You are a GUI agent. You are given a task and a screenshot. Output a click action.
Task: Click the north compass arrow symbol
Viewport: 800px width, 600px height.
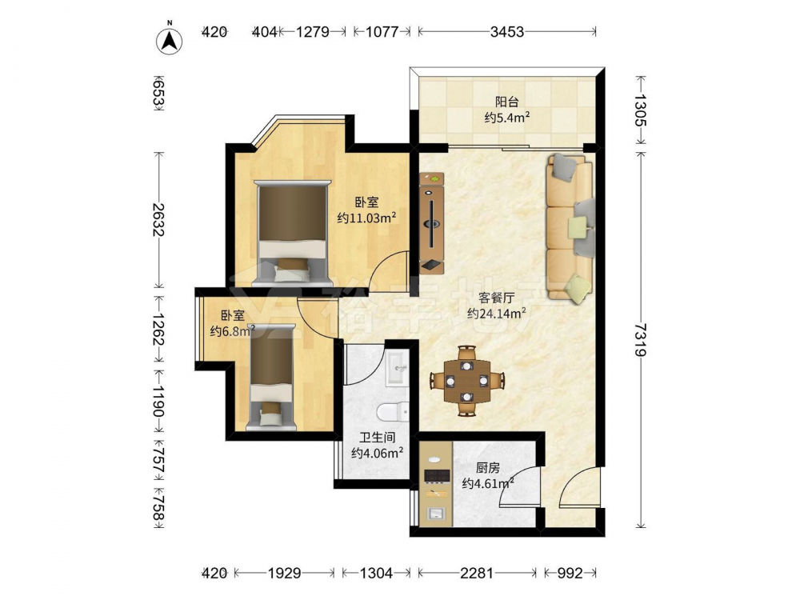170,39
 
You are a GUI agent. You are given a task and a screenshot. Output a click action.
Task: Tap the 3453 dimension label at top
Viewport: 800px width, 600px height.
506,32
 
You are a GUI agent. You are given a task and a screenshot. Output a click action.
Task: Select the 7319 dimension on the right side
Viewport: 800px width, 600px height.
641,339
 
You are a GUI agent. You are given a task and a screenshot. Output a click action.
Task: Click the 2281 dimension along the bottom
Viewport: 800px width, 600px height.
477,574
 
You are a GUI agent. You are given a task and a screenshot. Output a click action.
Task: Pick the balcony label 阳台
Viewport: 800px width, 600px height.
506,102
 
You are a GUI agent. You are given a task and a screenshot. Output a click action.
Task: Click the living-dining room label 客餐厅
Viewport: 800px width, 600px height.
496,298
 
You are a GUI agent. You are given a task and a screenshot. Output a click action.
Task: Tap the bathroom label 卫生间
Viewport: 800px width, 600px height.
378,438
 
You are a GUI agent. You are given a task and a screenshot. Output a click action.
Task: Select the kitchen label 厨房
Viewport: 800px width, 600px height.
487,467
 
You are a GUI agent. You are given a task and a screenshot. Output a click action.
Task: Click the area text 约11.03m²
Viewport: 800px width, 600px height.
367,218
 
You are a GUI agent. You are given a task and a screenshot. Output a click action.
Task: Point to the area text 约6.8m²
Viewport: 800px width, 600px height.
233,331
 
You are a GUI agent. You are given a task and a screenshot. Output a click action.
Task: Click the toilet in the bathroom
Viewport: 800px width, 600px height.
394,410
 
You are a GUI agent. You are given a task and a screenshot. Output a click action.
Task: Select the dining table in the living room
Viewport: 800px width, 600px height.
466,381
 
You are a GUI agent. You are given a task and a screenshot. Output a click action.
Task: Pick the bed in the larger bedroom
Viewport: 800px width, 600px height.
292,232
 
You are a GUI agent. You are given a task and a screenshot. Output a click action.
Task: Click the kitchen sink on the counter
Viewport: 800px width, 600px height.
436,514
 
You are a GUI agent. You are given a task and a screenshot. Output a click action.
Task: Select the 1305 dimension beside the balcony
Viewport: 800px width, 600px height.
641,110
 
